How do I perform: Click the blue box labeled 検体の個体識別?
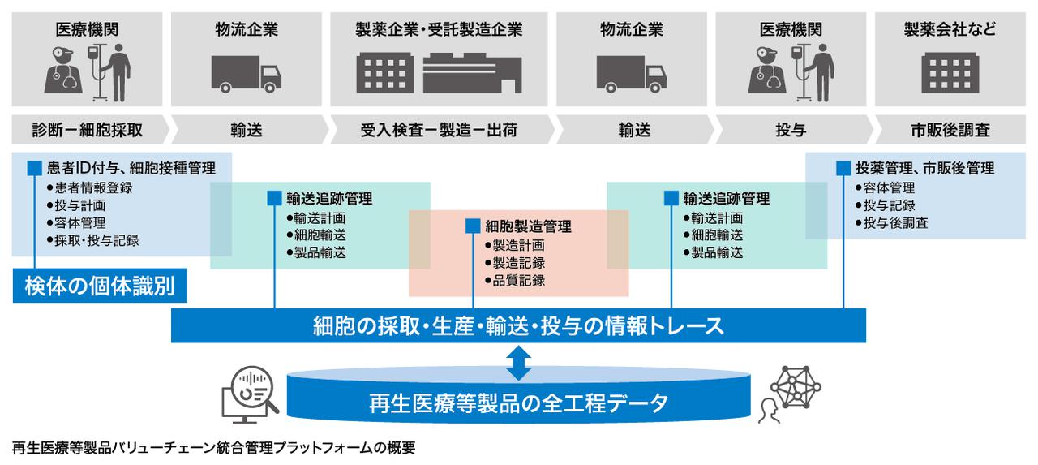tap(100, 286)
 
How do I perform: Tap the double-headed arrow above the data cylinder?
tap(518, 363)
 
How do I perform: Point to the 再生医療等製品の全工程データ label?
tap(518, 403)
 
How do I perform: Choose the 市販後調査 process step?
tap(950, 130)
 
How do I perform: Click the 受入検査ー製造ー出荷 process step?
tap(439, 130)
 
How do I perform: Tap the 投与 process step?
tap(791, 130)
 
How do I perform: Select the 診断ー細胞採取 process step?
tap(88, 130)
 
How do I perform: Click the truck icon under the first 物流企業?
tap(246, 74)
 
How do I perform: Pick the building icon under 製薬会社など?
tap(950, 73)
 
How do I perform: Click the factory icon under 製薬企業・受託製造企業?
tap(472, 73)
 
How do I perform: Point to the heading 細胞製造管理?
tap(528, 226)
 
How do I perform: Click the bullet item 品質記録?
tap(515, 281)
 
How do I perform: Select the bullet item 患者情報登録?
tap(90, 187)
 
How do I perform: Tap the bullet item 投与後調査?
tap(892, 223)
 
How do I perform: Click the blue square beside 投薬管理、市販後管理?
tap(843, 168)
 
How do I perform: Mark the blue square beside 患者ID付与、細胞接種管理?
tap(35, 168)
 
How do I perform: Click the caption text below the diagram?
tap(213, 448)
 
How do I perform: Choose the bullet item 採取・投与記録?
tap(93, 240)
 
